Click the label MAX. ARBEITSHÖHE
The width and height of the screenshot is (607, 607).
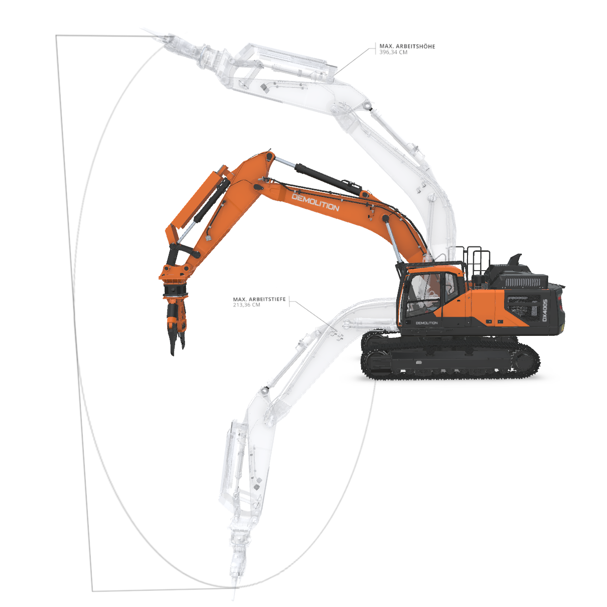[x=407, y=47]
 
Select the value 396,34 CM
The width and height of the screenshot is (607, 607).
[x=393, y=52]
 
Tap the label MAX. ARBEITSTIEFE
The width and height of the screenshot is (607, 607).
[x=259, y=299]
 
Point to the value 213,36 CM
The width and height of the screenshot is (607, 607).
[x=247, y=305]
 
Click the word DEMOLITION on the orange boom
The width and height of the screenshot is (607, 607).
[x=315, y=202]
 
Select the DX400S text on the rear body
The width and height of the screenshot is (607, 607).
[x=545, y=310]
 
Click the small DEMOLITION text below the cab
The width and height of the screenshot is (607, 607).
[x=426, y=323]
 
